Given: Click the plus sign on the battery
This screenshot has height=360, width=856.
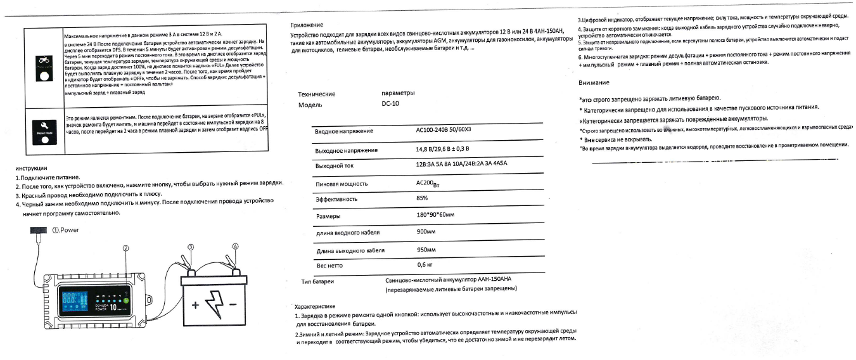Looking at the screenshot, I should (x=195, y=305).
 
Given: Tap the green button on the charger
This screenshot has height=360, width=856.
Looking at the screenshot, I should (x=126, y=300).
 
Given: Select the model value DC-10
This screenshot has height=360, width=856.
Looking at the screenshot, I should (x=390, y=105).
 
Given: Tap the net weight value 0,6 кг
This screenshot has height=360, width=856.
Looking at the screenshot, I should (x=424, y=264).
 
